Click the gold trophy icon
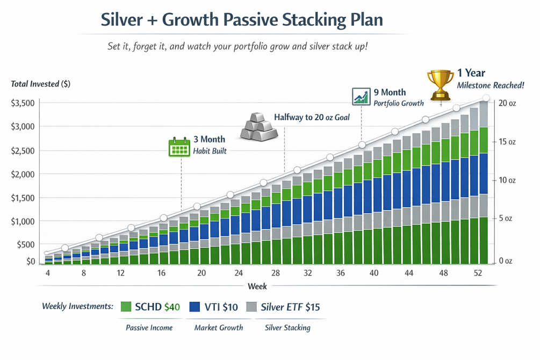440,85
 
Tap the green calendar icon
179,146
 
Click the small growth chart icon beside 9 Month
360,97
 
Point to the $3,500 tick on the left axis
23,103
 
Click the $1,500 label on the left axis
23,198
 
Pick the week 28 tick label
275,273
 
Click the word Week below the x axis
257,286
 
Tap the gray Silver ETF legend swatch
251,307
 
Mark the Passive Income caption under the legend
149,327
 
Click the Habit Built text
210,152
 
